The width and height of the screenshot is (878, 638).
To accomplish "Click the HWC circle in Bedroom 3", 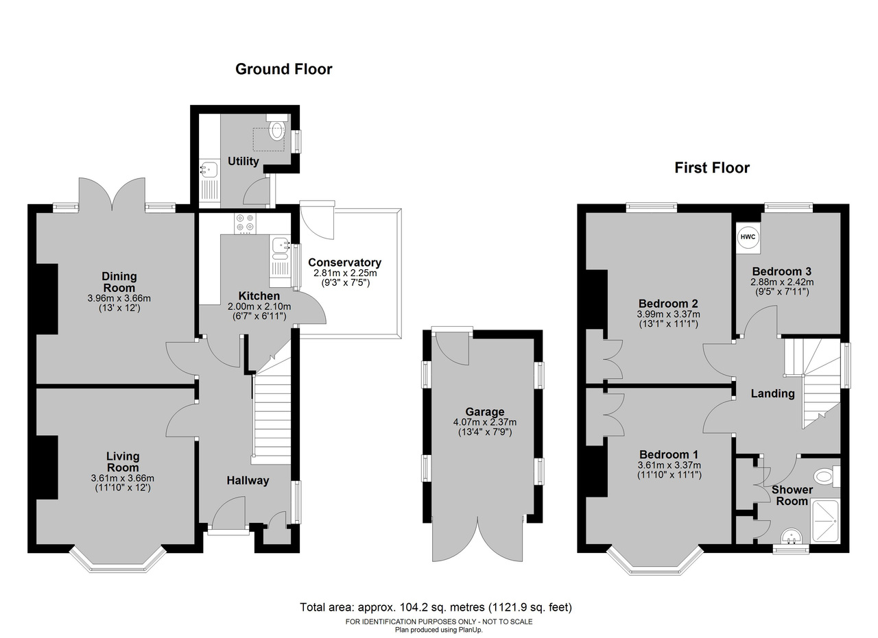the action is (748, 237).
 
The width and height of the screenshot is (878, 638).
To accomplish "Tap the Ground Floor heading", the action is (283, 69).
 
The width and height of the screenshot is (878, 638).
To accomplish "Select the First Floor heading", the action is (712, 168).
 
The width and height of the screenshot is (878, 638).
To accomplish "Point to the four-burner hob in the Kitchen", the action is (245, 223).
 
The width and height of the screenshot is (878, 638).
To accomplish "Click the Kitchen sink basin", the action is (280, 245).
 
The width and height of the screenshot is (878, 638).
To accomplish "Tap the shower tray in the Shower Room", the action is (824, 522).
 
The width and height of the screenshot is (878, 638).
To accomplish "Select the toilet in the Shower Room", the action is (827, 476).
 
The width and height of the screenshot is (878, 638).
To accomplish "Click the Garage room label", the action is (485, 412).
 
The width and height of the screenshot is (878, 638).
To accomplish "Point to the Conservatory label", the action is (344, 262).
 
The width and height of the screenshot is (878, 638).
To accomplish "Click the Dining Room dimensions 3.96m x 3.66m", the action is (119, 298).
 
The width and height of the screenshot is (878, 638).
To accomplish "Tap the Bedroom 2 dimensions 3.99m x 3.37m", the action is (668, 314).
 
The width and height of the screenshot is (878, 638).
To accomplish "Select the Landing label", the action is (772, 393).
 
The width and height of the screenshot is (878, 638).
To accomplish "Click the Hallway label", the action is (248, 480).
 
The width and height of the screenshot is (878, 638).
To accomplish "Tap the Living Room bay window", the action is (118, 559).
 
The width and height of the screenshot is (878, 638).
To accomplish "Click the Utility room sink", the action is (210, 169).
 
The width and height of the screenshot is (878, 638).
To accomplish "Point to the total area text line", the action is (436, 607).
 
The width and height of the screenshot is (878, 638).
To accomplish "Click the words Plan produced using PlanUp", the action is (438, 630).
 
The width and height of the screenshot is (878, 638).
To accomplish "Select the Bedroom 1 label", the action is (669, 454).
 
